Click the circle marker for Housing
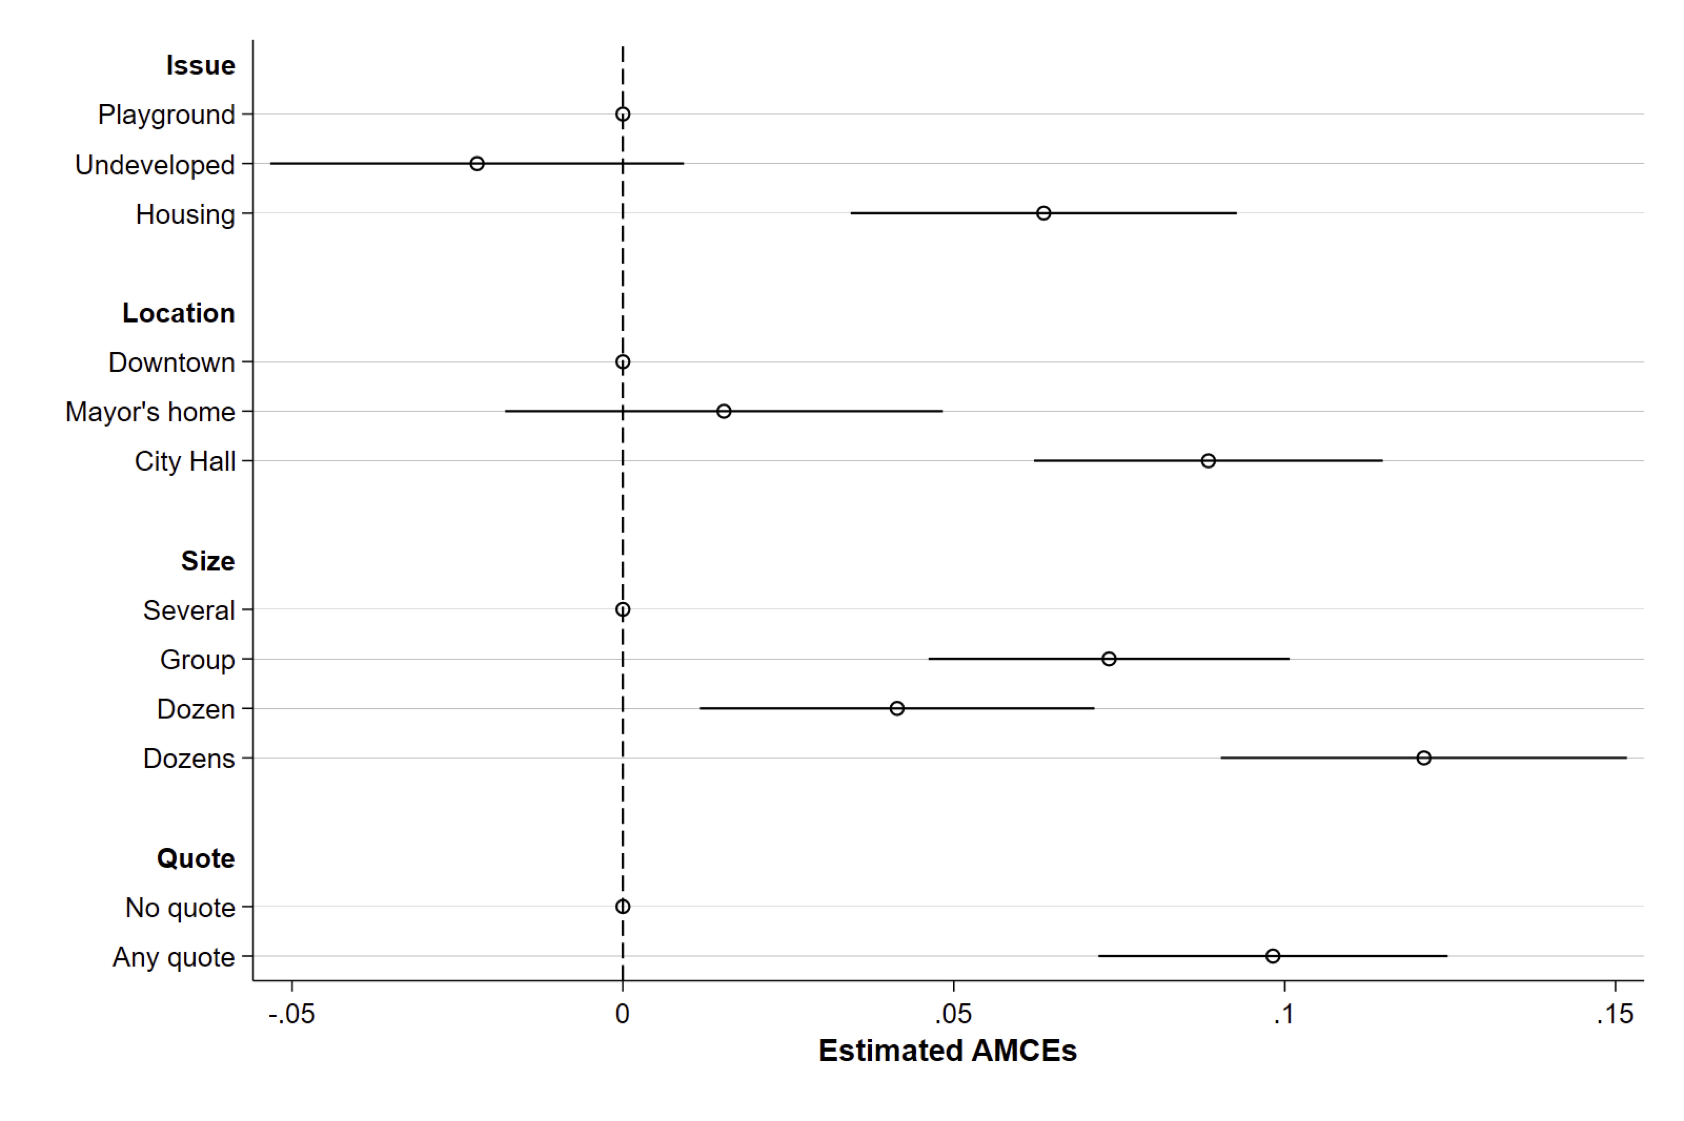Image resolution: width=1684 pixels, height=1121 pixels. tap(1043, 213)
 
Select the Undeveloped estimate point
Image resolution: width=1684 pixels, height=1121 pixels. tap(477, 164)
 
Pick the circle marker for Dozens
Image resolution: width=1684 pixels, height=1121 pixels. tap(1424, 758)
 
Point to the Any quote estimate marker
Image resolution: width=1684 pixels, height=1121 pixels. tap(1272, 956)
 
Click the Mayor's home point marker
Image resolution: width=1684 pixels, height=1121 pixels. tap(724, 411)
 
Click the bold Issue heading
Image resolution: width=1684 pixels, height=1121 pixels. tap(200, 65)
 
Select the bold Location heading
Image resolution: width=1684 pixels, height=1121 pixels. tap(178, 313)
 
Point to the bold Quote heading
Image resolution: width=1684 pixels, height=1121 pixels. tap(195, 858)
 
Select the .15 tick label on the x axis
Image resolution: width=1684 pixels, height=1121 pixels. tap(1615, 1014)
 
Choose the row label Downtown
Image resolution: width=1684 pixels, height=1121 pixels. tap(172, 362)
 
